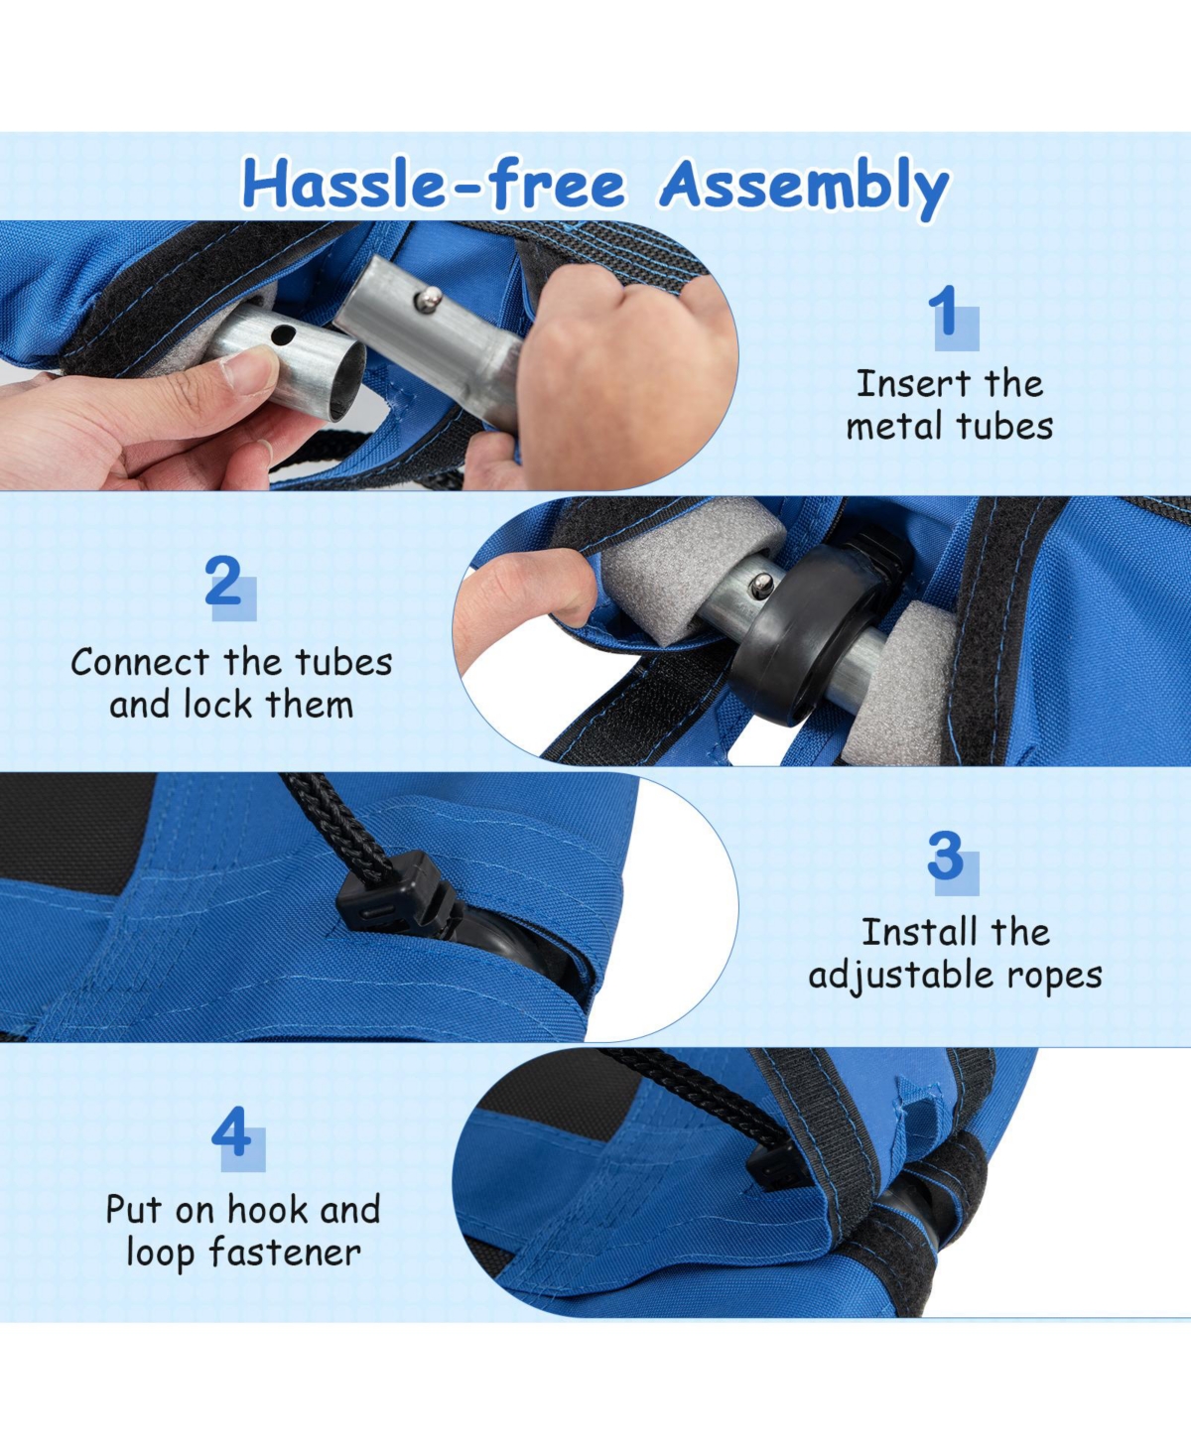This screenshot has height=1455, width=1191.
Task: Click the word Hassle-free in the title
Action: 434,184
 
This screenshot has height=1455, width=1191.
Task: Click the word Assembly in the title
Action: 805,188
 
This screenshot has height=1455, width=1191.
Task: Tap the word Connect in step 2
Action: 140,662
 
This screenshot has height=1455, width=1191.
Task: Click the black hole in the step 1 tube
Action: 283,335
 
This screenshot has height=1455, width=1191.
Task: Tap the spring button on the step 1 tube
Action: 429,300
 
